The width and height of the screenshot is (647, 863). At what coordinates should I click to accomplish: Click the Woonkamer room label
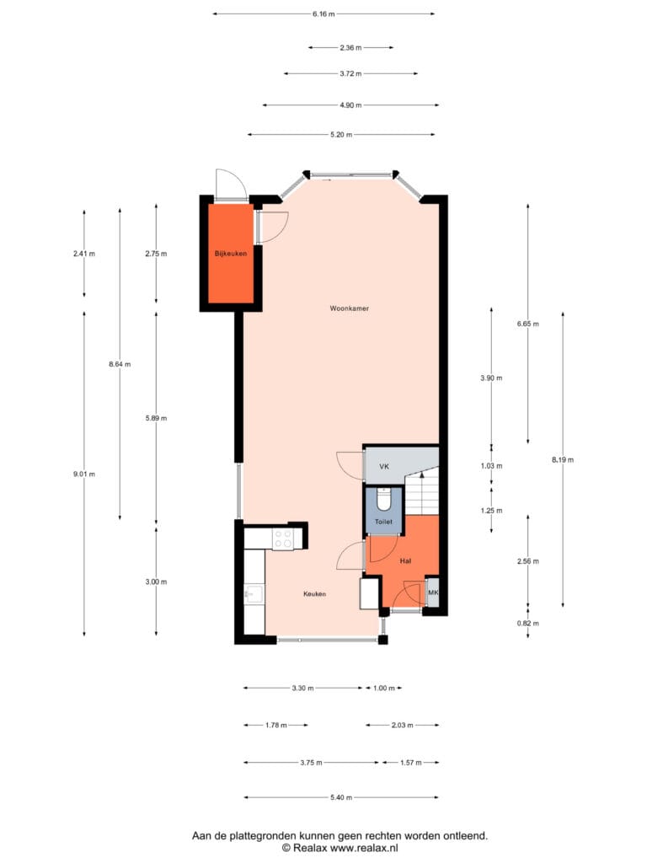(350, 308)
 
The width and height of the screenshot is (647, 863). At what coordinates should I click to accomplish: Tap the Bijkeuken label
(231, 254)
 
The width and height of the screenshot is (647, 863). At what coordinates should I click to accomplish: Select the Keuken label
(315, 594)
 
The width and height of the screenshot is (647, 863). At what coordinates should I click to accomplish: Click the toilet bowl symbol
(383, 501)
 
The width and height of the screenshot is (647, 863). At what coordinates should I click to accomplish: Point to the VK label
(384, 467)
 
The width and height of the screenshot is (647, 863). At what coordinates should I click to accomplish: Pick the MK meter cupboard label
(433, 592)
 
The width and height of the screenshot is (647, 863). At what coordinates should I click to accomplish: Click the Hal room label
(405, 560)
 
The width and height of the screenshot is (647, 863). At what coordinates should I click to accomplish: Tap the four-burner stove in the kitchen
(283, 539)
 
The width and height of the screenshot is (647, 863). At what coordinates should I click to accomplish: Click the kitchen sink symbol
(254, 594)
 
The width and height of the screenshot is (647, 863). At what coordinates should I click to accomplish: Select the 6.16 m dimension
(323, 13)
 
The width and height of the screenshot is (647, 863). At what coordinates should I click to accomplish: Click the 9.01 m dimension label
(84, 474)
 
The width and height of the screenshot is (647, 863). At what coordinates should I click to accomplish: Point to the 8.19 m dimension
(563, 459)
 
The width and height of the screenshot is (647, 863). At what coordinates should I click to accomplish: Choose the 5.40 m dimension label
(341, 797)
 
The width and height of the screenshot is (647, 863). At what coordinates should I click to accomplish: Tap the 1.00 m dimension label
(384, 688)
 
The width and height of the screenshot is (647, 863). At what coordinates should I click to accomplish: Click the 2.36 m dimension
(350, 48)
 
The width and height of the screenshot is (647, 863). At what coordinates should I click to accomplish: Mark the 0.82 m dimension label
(528, 624)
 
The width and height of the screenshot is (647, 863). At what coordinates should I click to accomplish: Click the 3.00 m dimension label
(156, 582)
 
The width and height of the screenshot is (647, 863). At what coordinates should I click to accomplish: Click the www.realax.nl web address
(364, 848)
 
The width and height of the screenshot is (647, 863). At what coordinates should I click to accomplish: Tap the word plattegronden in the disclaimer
(263, 836)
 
